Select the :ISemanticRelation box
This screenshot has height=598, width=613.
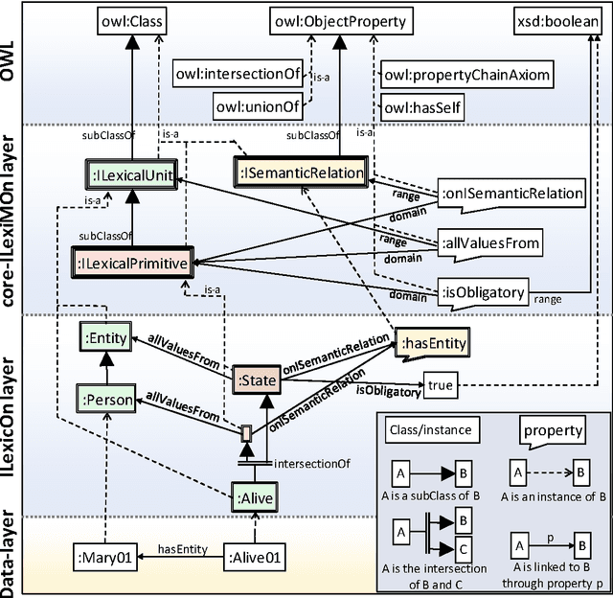pos(301,172)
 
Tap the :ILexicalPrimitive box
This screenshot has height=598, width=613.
pos(131,260)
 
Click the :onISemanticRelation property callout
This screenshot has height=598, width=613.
pos(511,194)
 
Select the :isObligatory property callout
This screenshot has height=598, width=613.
pos(485,291)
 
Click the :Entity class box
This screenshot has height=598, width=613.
pos(111,336)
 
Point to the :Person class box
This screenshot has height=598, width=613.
pos(111,395)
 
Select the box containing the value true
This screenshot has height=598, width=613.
pos(441,384)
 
